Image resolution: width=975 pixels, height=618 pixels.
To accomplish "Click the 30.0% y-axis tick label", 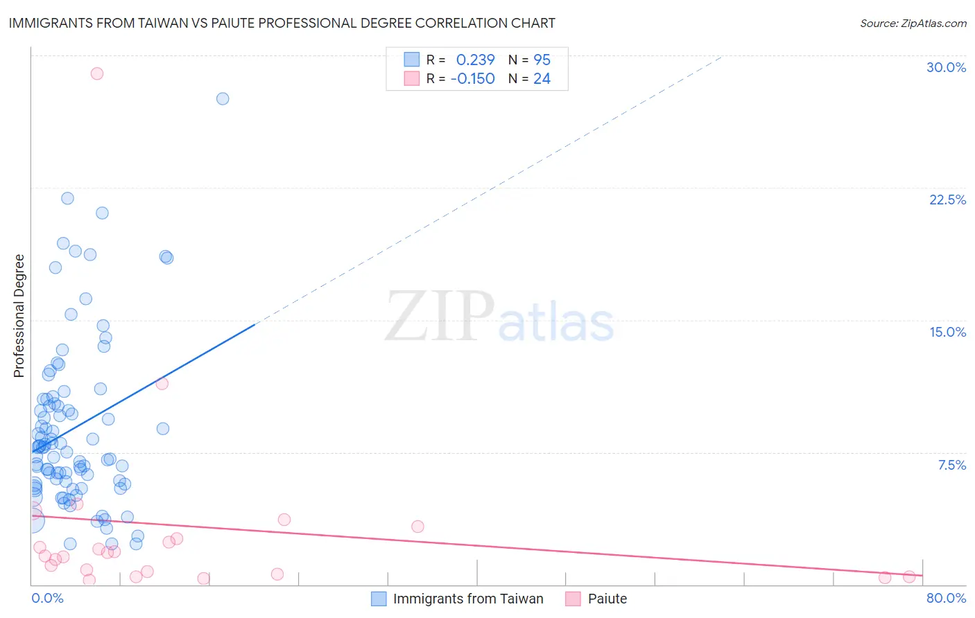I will [x=946, y=67].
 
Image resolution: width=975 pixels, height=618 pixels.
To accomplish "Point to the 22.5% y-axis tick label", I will [x=947, y=200].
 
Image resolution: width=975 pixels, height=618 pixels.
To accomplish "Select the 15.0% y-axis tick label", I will [x=947, y=332].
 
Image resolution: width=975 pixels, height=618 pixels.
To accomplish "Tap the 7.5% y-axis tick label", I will [x=951, y=465].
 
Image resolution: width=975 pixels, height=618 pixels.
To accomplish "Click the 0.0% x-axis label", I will [x=47, y=598].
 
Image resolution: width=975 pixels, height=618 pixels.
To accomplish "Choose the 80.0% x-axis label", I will [x=946, y=598].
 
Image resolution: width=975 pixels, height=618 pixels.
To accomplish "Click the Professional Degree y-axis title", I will [x=19, y=316].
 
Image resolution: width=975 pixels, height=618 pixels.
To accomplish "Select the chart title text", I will [x=282, y=23].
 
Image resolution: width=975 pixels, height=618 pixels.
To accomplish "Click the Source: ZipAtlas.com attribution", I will [x=913, y=23].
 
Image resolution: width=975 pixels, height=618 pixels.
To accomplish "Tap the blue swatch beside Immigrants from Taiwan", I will [x=379, y=599].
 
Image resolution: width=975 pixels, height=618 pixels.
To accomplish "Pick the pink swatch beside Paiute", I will [x=573, y=599].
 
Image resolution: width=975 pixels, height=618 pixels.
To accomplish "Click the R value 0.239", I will [x=475, y=60].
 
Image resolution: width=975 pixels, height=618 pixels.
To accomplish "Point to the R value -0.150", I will [x=472, y=78].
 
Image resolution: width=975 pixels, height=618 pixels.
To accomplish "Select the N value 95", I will [x=542, y=60].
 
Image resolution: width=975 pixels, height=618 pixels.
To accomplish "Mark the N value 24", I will [x=542, y=78].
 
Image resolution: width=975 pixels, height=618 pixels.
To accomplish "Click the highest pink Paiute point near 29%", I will [x=97, y=73].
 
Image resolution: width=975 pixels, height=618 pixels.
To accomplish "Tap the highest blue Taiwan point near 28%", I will [x=223, y=98].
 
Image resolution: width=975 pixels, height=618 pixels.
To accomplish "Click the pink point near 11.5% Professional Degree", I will [x=162, y=383].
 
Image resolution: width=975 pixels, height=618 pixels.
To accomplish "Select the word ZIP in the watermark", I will [x=439, y=317].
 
